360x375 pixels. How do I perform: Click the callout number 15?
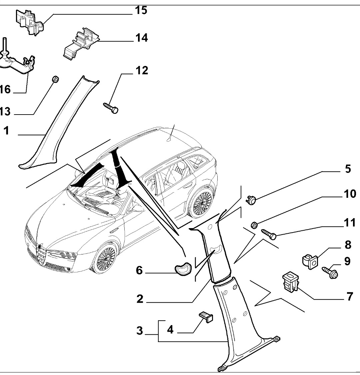click(141, 10)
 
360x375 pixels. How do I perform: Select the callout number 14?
click(141, 38)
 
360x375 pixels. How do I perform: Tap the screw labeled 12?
click(111, 108)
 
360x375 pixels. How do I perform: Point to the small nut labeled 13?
click(56, 79)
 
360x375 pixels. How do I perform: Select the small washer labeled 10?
click(253, 225)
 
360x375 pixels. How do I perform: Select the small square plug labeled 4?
click(206, 316)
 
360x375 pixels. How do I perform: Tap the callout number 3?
click(140, 331)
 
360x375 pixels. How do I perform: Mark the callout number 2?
click(140, 299)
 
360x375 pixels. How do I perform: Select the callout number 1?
click(6, 131)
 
